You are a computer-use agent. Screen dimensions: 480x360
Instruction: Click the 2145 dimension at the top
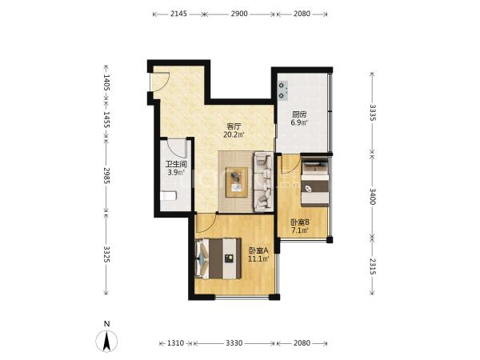pos(178,14)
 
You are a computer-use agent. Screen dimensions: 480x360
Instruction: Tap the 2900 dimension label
pos(239,14)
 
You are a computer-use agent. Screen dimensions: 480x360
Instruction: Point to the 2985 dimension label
pos(106,175)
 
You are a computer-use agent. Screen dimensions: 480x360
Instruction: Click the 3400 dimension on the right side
pos(372,196)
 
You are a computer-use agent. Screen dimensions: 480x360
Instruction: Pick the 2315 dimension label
pos(372,266)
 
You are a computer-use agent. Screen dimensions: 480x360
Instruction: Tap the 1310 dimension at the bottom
pos(176,343)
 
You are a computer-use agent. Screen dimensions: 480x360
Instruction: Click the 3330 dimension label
pos(234,343)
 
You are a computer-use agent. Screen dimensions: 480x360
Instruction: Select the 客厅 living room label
pos(234,126)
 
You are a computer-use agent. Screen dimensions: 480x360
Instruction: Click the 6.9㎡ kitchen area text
pos(299,122)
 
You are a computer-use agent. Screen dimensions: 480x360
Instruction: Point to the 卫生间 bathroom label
pos(176,164)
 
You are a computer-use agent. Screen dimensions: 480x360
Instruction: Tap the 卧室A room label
pos(258,250)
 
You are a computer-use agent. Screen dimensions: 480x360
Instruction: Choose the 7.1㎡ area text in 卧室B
pos(300,230)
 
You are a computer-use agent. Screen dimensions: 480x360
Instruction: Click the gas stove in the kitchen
pos(283,90)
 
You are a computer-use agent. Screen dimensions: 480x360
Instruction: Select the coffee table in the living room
pos(237,182)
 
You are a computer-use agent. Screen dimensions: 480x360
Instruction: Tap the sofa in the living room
pos(263,182)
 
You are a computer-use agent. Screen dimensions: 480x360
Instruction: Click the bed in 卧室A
pos(218,258)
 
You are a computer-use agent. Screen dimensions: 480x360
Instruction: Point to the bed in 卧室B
pos(315,182)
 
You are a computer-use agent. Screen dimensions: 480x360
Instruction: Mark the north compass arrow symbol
pos(106,341)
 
